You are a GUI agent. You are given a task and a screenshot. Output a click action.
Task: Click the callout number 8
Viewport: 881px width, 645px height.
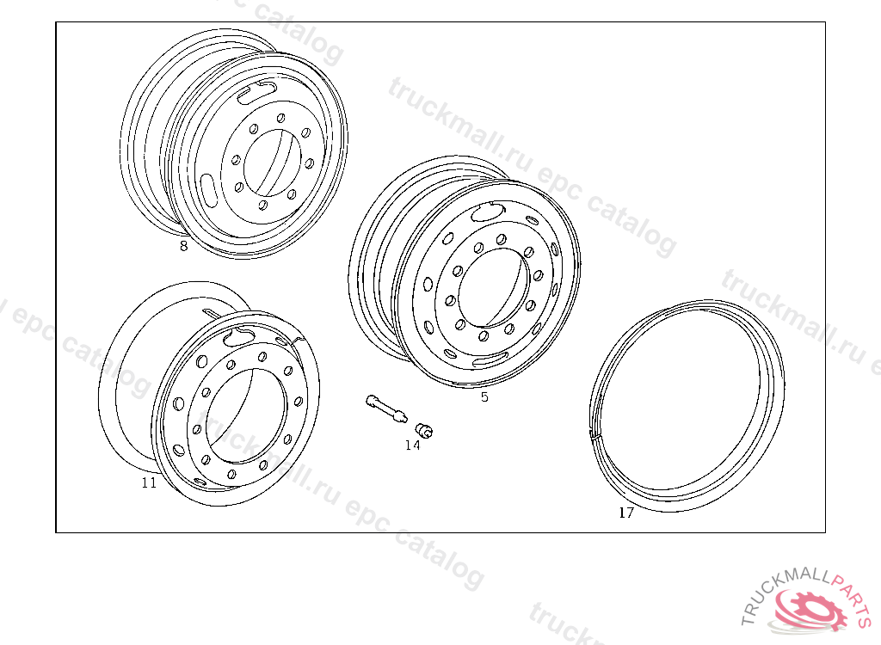tap(184, 246)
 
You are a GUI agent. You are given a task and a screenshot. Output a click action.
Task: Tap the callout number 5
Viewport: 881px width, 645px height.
tap(485, 397)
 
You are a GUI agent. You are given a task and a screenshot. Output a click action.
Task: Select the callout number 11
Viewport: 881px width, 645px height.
tap(149, 482)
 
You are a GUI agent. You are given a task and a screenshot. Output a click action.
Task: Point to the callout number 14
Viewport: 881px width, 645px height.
tap(412, 445)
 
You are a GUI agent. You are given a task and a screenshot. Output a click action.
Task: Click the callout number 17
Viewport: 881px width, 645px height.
tap(626, 513)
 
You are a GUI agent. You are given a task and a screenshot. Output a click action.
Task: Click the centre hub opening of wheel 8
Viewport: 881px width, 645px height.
tap(273, 163)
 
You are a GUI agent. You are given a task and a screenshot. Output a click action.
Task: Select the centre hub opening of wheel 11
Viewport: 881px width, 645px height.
tap(246, 416)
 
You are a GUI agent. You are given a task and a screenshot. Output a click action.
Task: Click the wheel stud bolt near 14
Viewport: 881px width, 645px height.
tap(385, 408)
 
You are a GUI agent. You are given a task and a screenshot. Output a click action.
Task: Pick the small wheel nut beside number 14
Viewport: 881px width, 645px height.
tap(424, 430)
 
